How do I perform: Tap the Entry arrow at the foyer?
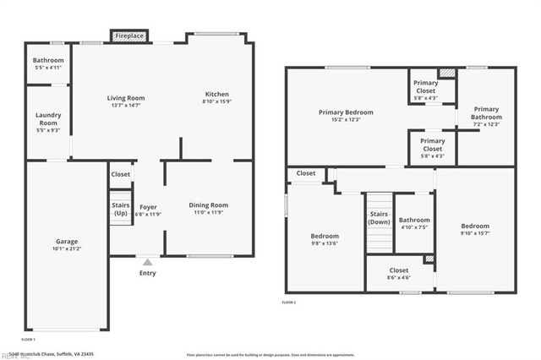click(148, 262)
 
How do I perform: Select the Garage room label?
click(66, 242)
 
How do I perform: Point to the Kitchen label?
click(217, 94)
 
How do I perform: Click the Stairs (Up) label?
click(121, 209)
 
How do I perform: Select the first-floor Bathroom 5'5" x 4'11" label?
click(48, 61)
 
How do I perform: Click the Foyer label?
click(148, 205)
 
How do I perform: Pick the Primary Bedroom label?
click(346, 112)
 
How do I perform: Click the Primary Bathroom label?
click(486, 112)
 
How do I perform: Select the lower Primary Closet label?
click(432, 145)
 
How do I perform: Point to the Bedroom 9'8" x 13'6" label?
click(325, 236)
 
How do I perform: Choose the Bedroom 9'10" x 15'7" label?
click(474, 226)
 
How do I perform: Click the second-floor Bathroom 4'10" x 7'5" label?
click(414, 220)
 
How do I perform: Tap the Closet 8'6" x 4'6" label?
click(398, 270)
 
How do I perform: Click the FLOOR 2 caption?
click(289, 302)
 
